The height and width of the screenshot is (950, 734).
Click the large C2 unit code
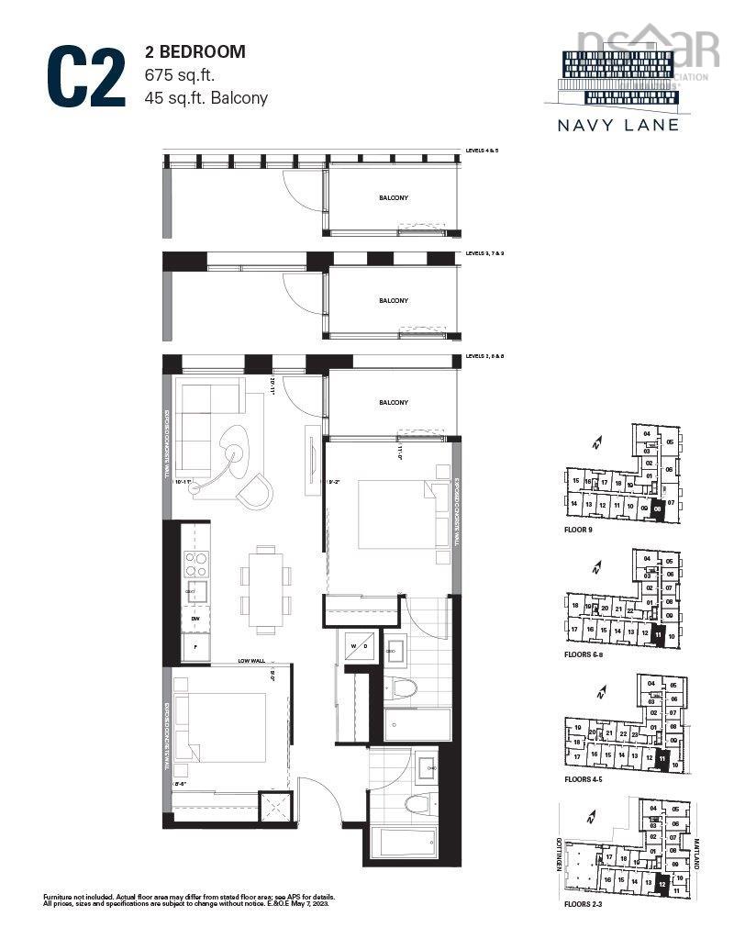(x=87, y=76)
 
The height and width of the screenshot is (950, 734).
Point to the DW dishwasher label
(x=195, y=620)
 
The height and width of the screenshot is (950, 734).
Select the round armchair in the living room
(x=253, y=490)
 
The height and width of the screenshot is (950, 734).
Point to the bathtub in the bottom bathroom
(x=405, y=842)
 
